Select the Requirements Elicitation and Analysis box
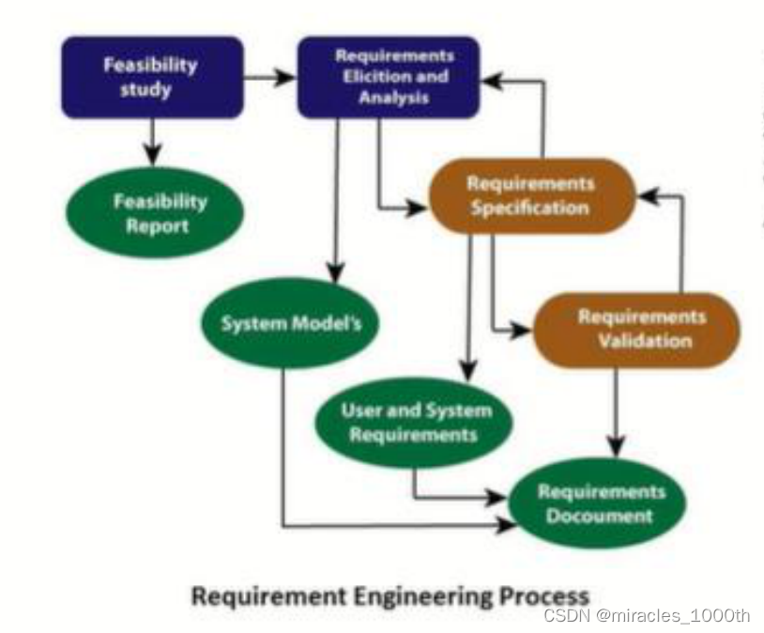389,77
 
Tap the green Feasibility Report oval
154,213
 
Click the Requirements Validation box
636,329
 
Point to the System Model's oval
290,324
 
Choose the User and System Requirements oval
415,423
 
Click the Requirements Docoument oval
597,502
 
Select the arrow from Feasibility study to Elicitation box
269,77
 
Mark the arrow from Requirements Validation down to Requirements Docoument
616,404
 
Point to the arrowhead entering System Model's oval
333,270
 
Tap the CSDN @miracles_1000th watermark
647,616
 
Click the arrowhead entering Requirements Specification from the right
647,195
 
